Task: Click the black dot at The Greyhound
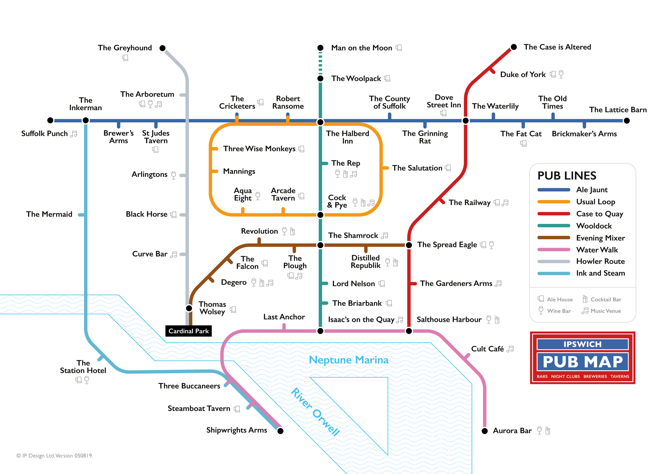pyautogui.click(x=163, y=48)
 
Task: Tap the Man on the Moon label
pyautogui.click(x=362, y=48)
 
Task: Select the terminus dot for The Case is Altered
pyautogui.click(x=514, y=47)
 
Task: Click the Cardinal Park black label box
pyautogui.click(x=188, y=331)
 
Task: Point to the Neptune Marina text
pyautogui.click(x=349, y=360)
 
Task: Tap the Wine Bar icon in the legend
pyautogui.click(x=541, y=310)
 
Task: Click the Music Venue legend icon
pyautogui.click(x=585, y=311)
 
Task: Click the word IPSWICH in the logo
pyautogui.click(x=582, y=344)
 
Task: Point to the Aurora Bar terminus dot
pyautogui.click(x=485, y=431)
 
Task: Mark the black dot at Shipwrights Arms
pyautogui.click(x=280, y=431)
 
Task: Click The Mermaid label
pyautogui.click(x=49, y=214)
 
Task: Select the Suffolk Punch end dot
pyautogui.click(x=50, y=120)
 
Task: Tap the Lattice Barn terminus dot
pyautogui.click(x=627, y=121)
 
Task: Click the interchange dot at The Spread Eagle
pyautogui.click(x=409, y=245)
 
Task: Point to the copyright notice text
pyautogui.click(x=55, y=456)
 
